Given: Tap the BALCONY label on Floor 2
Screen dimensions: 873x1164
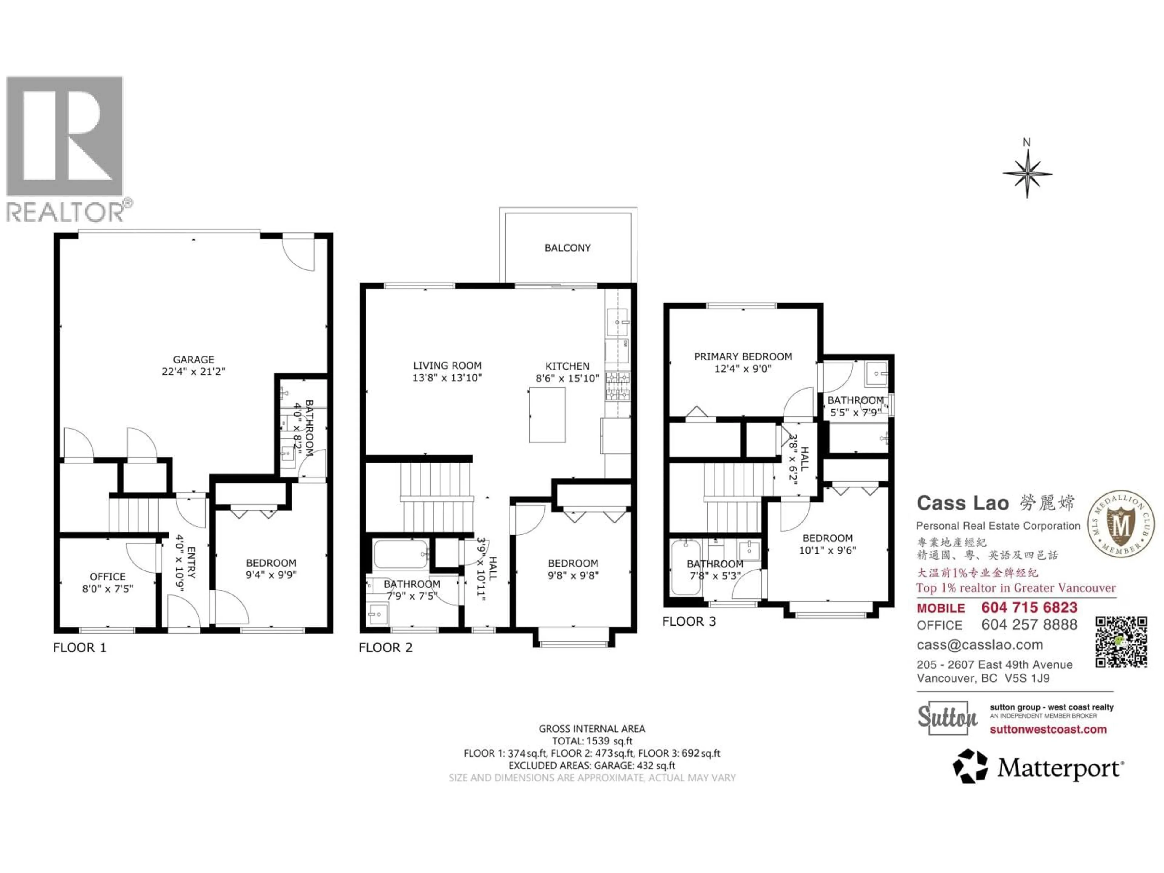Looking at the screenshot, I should [567, 248].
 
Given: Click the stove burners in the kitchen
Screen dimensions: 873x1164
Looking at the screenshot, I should [618, 386].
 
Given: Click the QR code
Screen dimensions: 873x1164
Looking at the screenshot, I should [1121, 642].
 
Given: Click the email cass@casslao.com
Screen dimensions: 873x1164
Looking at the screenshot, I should [979, 645].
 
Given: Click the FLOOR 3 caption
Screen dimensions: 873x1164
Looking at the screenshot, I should [689, 621].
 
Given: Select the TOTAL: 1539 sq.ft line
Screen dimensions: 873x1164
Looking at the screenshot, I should [592, 741].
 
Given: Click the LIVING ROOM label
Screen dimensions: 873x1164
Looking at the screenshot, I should [447, 365].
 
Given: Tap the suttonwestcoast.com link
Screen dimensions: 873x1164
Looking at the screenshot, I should [1048, 729].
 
